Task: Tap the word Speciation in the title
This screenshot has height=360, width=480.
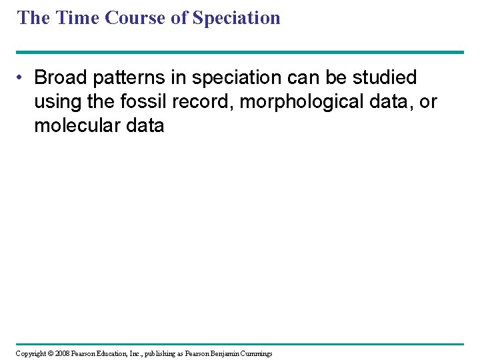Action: pos(236,17)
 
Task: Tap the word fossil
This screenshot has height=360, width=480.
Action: pos(147,102)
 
